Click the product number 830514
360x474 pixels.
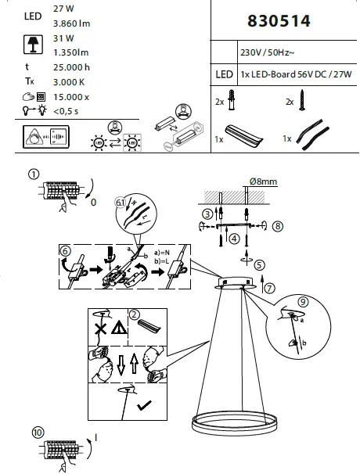pos(279,22)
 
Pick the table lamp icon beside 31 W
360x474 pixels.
pos(33,44)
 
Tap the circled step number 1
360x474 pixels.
pos(33,174)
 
